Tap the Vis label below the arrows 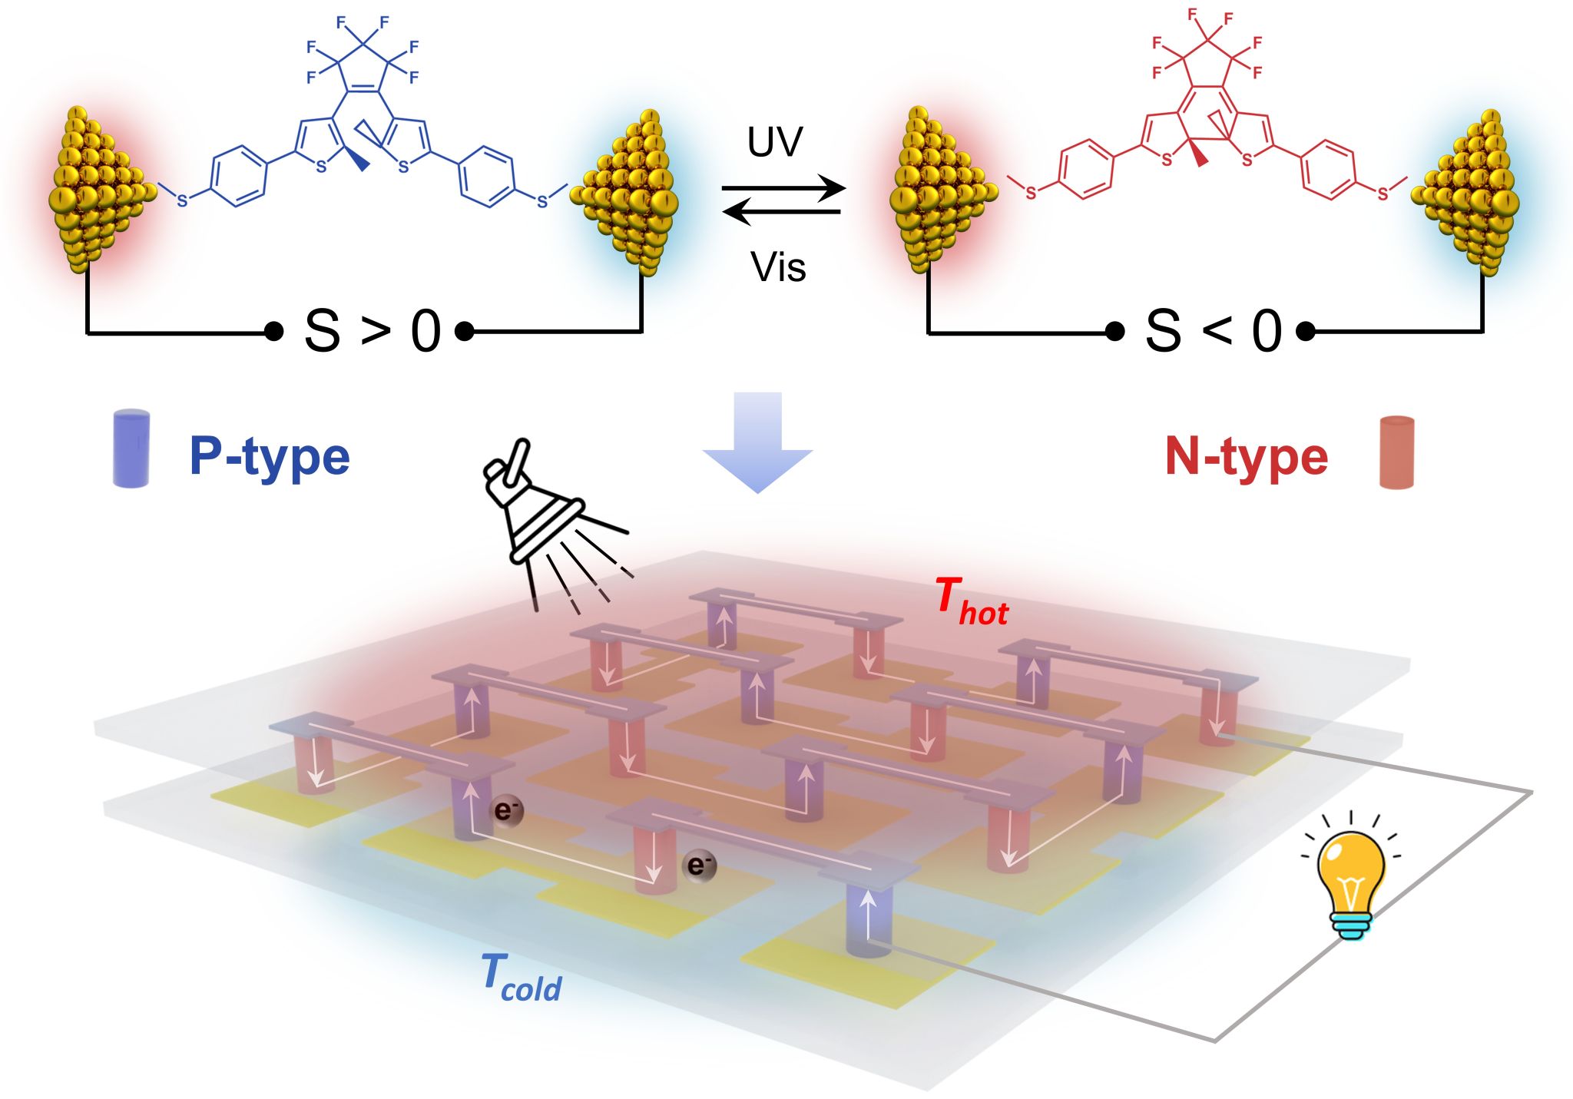click(x=778, y=268)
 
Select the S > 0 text click(x=373, y=332)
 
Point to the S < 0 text click(x=1213, y=332)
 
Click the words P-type click(x=270, y=456)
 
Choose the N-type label click(x=1246, y=456)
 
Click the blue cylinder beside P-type click(x=131, y=449)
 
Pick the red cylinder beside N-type click(x=1396, y=452)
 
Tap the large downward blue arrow click(x=757, y=442)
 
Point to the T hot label click(x=971, y=603)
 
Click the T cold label click(x=521, y=978)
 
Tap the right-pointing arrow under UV click(x=783, y=187)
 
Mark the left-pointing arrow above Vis click(x=782, y=211)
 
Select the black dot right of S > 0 click(x=464, y=332)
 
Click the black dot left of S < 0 click(x=1114, y=332)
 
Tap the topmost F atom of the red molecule click(x=1193, y=15)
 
